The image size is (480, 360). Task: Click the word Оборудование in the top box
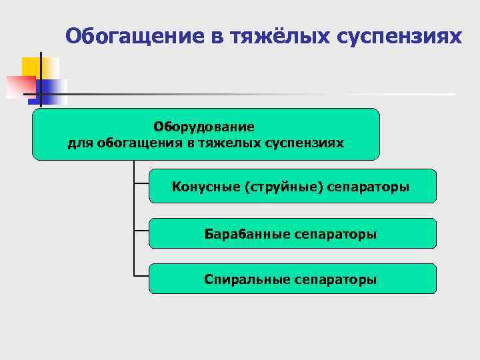[x=204, y=126]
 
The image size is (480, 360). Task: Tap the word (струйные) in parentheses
[x=285, y=187]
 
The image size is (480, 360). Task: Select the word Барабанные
[x=247, y=234]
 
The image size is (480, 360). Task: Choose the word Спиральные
[x=247, y=279]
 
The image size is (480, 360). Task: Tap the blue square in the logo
[x=53, y=91]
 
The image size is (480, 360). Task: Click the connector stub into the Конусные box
[x=141, y=183]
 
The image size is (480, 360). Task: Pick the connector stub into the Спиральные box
[x=141, y=274]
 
